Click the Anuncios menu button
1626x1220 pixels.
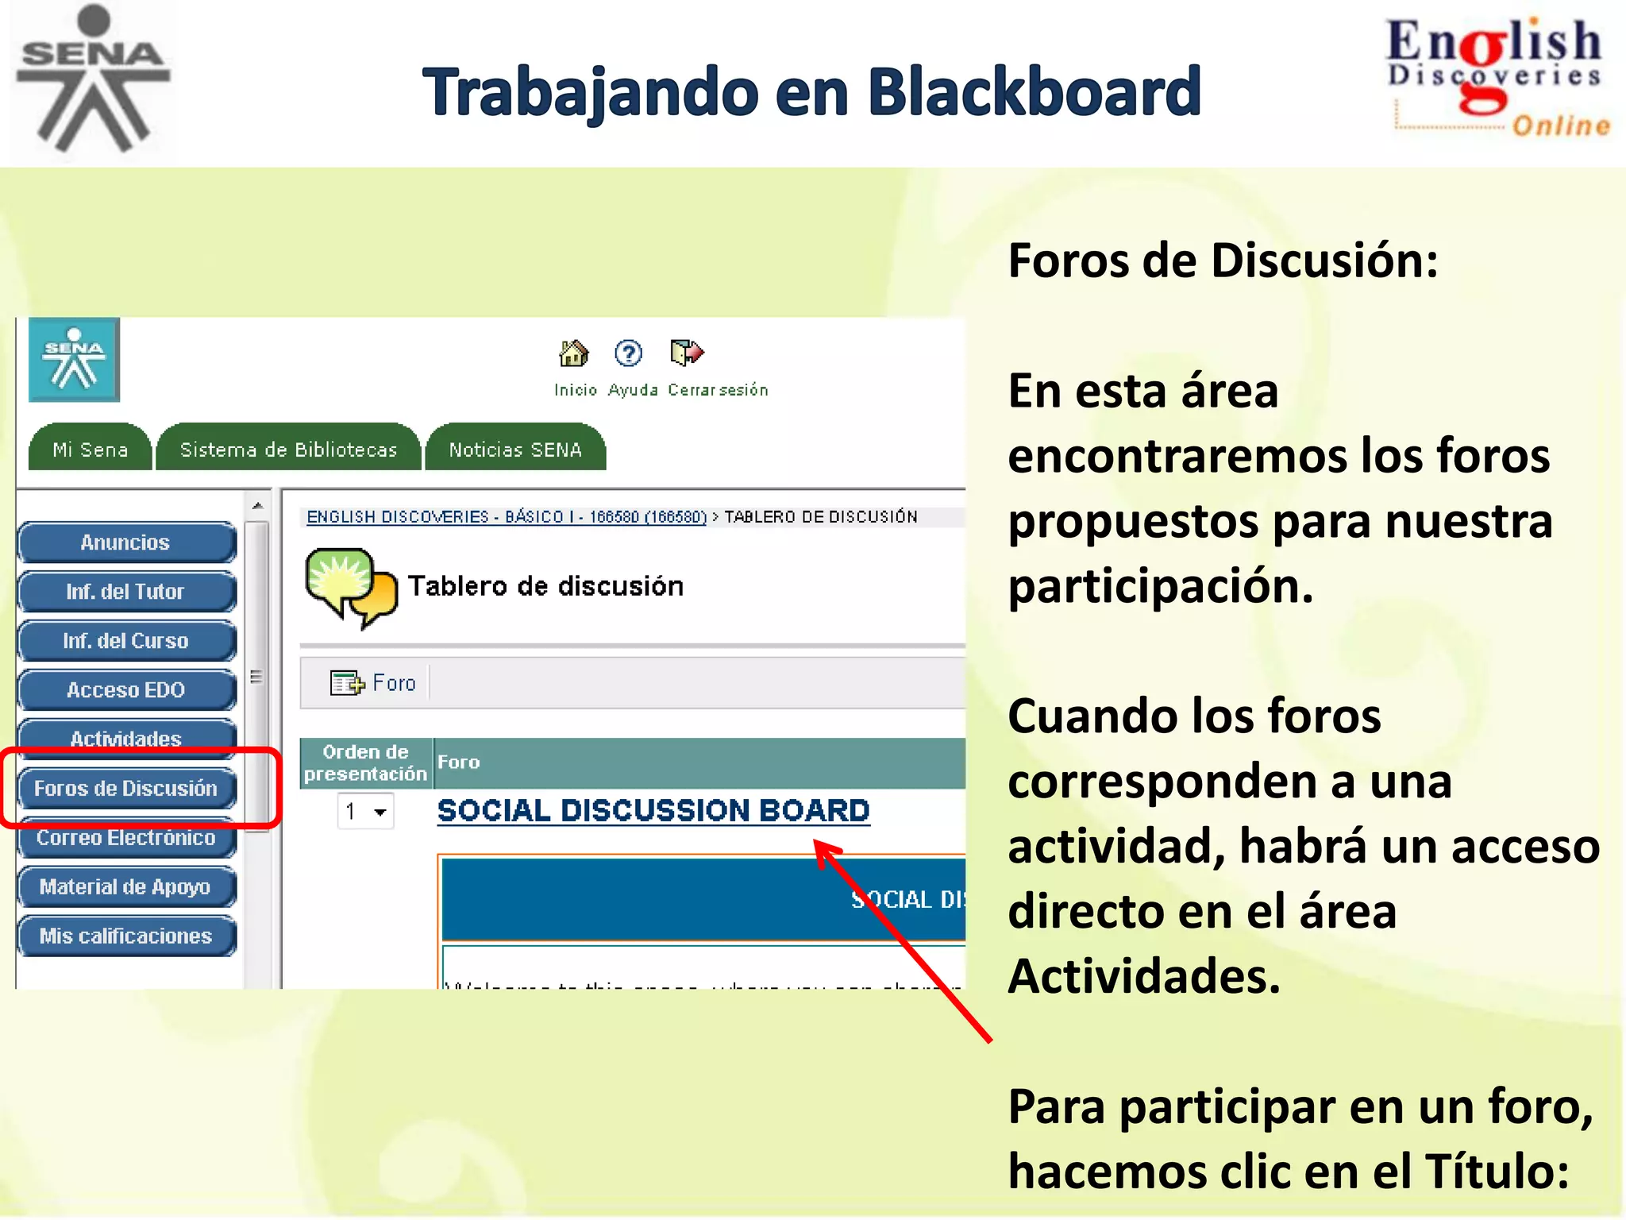[125, 542]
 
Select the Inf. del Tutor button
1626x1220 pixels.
[125, 592]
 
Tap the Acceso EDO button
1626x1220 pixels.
[125, 690]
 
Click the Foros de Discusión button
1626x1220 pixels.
[125, 789]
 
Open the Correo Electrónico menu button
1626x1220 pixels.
[125, 838]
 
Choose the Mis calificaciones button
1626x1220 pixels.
[125, 936]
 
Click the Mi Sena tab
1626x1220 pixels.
[90, 450]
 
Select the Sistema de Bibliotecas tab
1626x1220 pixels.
[288, 450]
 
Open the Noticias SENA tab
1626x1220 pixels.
[515, 450]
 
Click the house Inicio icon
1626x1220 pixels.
[574, 353]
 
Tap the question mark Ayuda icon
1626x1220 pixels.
[628, 353]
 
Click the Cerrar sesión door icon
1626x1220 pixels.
[687, 352]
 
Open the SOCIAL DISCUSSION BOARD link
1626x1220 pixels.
[653, 811]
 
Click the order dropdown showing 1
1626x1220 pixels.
[365, 812]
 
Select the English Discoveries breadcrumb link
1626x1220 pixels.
[507, 517]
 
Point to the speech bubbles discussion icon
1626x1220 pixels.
[350, 587]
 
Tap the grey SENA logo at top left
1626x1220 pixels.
[93, 78]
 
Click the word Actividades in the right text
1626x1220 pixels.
[1143, 976]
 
